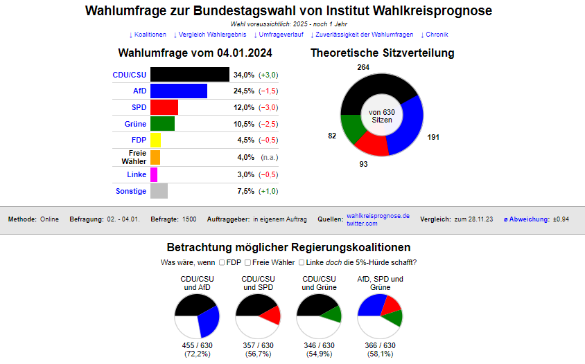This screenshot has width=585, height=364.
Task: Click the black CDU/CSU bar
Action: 189,75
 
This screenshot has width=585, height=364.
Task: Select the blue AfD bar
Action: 178,91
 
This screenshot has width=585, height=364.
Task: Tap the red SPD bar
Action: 164,107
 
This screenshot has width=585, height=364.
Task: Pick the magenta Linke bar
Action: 154,174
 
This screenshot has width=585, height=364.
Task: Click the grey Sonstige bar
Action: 159,191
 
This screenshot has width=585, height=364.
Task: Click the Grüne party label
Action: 135,125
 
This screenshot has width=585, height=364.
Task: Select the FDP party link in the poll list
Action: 139,141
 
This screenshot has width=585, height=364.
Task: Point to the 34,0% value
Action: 244,75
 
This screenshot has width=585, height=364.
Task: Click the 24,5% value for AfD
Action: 244,91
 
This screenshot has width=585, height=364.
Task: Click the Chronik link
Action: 436,35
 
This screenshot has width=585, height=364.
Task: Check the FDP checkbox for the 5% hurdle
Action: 222,263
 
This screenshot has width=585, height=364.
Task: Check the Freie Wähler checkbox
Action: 247,263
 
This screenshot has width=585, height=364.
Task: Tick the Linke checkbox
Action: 302,263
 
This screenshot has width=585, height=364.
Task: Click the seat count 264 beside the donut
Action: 363,67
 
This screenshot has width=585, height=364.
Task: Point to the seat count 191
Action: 433,137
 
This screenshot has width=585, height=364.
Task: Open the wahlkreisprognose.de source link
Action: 378,216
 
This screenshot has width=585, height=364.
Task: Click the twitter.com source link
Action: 362,224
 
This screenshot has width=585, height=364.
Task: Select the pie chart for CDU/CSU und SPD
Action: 258,316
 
